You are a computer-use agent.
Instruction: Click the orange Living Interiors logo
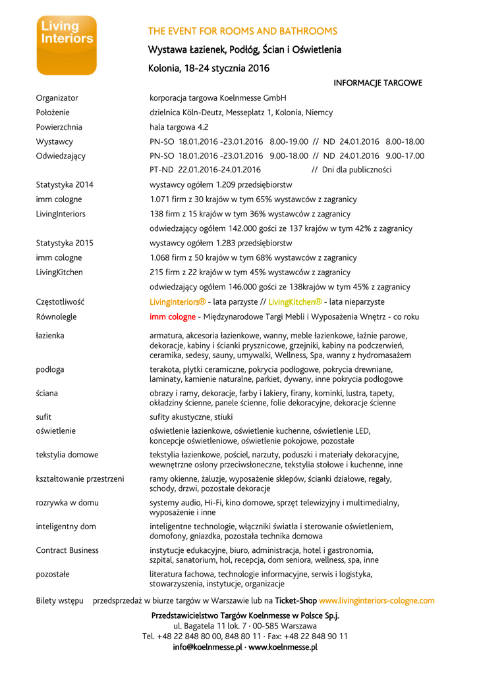pyautogui.click(x=67, y=45)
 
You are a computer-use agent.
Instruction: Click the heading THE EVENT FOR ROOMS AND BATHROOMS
pyautogui.click(x=242, y=31)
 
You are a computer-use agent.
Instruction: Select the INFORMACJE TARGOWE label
pyautogui.click(x=378, y=83)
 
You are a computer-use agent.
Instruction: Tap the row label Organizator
pyautogui.click(x=57, y=98)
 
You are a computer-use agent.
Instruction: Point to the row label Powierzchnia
pyautogui.click(x=59, y=127)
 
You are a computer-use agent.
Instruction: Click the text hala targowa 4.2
pyautogui.click(x=179, y=127)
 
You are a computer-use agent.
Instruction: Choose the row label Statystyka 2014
pyautogui.click(x=65, y=185)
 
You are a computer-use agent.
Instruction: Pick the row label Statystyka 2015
pyautogui.click(x=65, y=243)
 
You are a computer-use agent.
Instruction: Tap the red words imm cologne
pyautogui.click(x=173, y=317)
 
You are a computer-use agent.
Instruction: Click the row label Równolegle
pyautogui.click(x=56, y=317)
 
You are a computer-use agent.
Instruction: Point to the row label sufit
pyautogui.click(x=43, y=417)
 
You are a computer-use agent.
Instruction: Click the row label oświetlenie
pyautogui.click(x=55, y=431)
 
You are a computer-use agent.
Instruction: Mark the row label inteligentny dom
pyautogui.click(x=66, y=527)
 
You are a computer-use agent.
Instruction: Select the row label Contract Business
pyautogui.click(x=67, y=550)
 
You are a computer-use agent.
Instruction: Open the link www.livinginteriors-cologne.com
pyautogui.click(x=377, y=601)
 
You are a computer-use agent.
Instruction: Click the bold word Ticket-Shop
pyautogui.click(x=296, y=601)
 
